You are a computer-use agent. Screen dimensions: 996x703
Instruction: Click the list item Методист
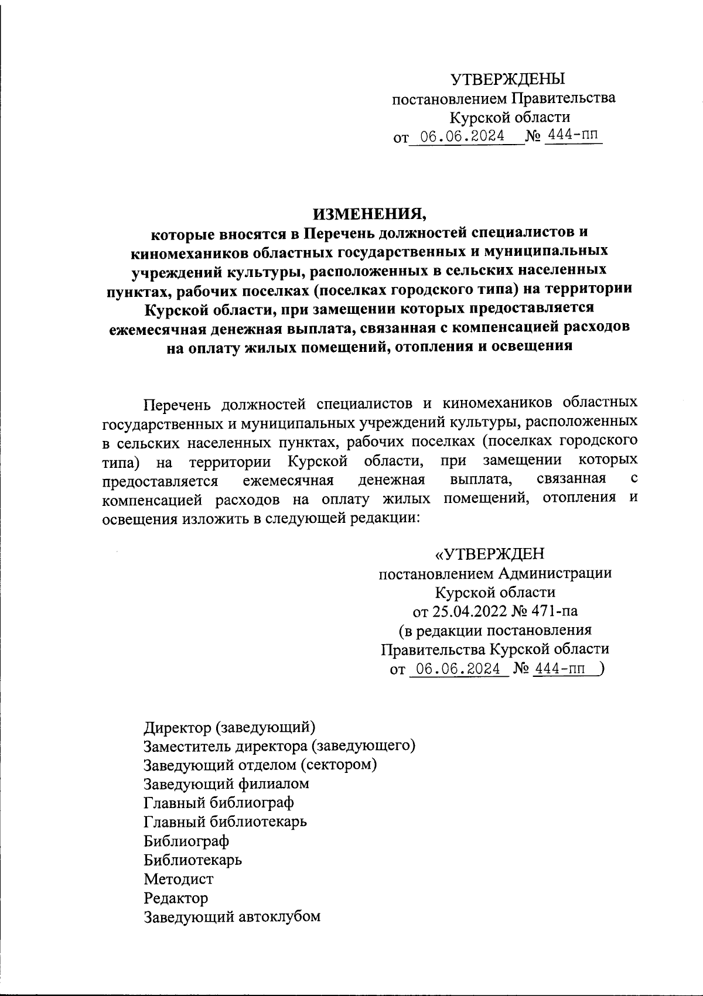(179, 879)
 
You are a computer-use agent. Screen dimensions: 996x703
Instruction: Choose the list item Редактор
(176, 898)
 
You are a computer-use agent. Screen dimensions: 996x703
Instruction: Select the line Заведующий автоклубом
(232, 916)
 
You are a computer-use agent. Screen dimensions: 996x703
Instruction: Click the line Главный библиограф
(219, 802)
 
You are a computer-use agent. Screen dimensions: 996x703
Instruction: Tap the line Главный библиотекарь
(225, 822)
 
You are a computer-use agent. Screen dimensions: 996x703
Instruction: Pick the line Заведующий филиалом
(226, 783)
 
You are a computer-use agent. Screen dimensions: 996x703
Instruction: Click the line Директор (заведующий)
(230, 728)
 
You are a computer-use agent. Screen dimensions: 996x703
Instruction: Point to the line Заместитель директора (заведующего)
(279, 746)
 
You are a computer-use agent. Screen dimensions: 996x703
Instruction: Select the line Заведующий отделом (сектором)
(260, 765)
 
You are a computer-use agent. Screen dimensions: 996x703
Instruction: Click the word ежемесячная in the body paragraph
(288, 481)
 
